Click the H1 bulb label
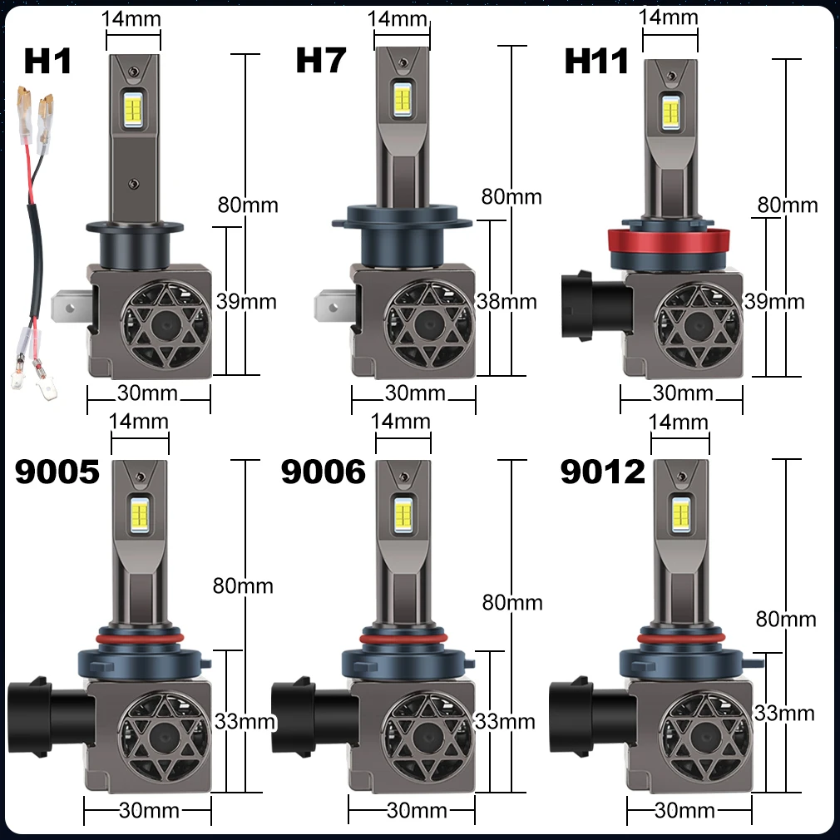pyautogui.click(x=47, y=61)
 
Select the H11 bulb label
pyautogui.click(x=596, y=61)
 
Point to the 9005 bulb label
pyautogui.click(x=57, y=472)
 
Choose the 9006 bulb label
pyautogui.click(x=323, y=472)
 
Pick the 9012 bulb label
pyautogui.click(x=603, y=472)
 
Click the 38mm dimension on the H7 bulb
pyautogui.click(x=506, y=302)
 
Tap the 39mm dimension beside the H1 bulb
pyautogui.click(x=246, y=302)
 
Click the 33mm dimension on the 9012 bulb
pyautogui.click(x=784, y=713)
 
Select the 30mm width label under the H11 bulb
pyautogui.click(x=683, y=393)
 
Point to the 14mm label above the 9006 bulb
pyautogui.click(x=400, y=421)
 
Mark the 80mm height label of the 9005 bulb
pyautogui.click(x=243, y=586)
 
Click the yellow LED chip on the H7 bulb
pyautogui.click(x=403, y=97)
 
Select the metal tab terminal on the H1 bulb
pyautogui.click(x=72, y=307)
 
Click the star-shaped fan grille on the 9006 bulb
pyautogui.click(x=427, y=740)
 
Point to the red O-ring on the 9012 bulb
pyautogui.click(x=681, y=638)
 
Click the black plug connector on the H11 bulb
pyautogui.click(x=595, y=305)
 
